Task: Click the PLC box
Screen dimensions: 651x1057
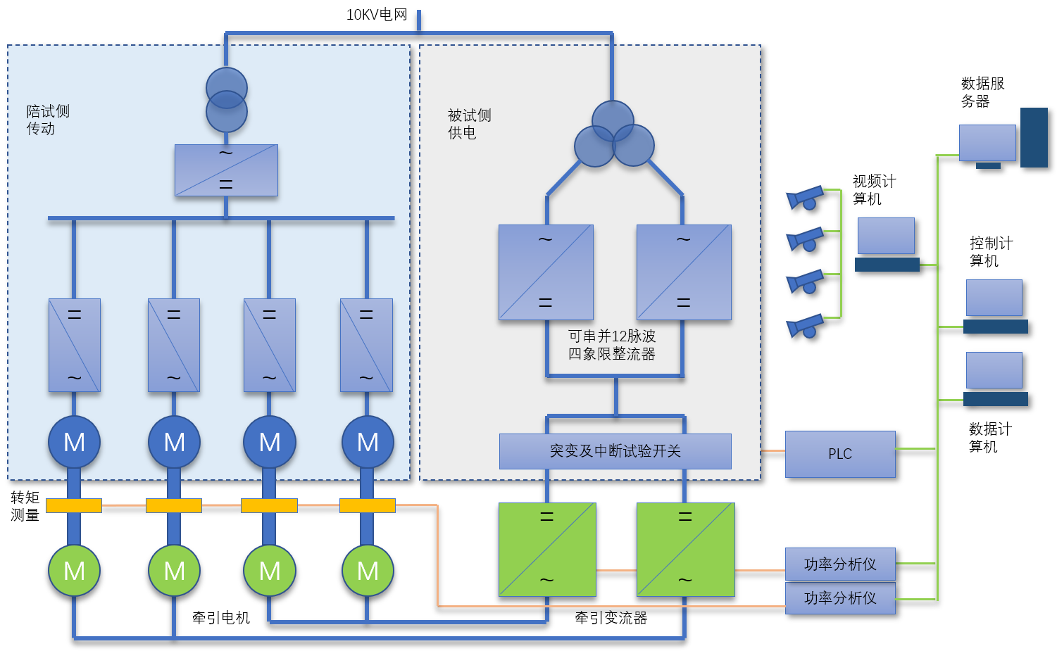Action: (x=840, y=454)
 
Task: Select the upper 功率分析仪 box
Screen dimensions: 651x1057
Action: (x=840, y=564)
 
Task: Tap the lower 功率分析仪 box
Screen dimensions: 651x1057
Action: (x=840, y=598)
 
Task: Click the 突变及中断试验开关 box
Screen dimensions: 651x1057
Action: (x=615, y=451)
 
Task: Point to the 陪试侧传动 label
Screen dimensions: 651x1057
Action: (x=48, y=120)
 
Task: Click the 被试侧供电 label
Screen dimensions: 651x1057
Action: (x=469, y=124)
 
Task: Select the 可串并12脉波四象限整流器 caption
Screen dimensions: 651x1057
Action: (x=612, y=345)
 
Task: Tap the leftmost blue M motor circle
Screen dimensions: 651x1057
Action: (x=74, y=442)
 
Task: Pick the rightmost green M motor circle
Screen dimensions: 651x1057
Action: (x=368, y=570)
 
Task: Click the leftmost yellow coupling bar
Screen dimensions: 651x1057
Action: (x=74, y=505)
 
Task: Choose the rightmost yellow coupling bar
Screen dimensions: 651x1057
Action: (x=368, y=505)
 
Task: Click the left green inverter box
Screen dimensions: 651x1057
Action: (x=547, y=549)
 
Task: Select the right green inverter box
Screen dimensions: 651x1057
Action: (x=685, y=549)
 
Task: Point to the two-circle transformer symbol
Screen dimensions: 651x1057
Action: (x=227, y=100)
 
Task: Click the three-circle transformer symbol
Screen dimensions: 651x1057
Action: (x=613, y=135)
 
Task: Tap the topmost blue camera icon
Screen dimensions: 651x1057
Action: (x=805, y=198)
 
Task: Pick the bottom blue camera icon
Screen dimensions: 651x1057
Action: (x=805, y=326)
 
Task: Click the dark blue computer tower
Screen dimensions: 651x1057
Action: (x=1034, y=137)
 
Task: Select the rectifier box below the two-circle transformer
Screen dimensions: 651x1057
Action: (x=226, y=170)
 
